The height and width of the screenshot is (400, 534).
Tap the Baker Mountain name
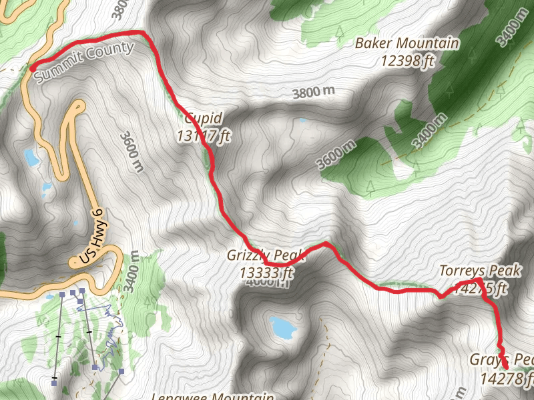tap(407, 44)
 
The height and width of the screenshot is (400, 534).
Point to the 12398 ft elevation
tap(409, 61)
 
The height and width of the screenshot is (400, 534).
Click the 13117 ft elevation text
tap(204, 135)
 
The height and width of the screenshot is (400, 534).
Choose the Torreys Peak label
tap(480, 271)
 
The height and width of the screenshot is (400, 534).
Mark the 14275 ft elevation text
tap(480, 288)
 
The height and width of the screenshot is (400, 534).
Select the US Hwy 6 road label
tap(91, 236)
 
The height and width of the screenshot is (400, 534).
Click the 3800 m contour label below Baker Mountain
tap(313, 93)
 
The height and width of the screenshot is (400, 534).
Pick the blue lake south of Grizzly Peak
tap(282, 327)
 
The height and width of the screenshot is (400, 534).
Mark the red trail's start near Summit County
tap(31, 67)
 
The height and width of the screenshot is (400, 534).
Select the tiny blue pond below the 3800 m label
tap(304, 121)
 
